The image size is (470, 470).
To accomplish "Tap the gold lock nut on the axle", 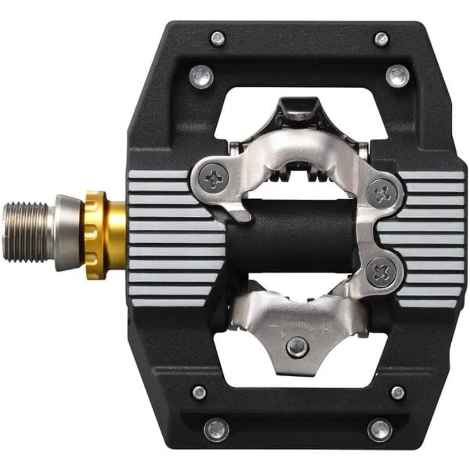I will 100,234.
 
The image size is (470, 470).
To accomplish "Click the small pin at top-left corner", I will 218,39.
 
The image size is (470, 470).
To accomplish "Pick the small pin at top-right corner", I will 382,39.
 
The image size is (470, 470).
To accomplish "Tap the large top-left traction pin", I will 202,77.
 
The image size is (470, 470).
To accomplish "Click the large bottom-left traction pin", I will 216,429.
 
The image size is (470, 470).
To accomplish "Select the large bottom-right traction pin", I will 380,429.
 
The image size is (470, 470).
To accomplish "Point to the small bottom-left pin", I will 199,392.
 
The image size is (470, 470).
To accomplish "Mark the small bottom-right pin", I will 398,392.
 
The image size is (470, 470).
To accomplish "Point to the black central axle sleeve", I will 300,235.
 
